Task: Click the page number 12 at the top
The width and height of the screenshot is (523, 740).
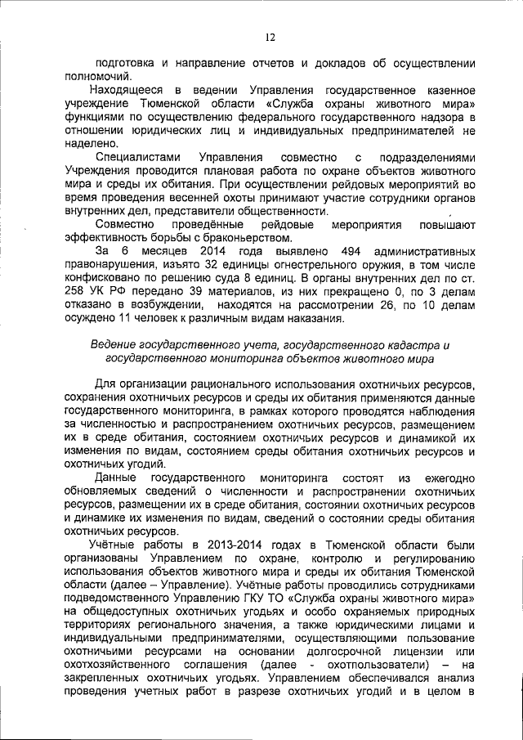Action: coord(269,37)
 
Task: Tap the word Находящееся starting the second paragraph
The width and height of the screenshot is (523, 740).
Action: coord(130,90)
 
